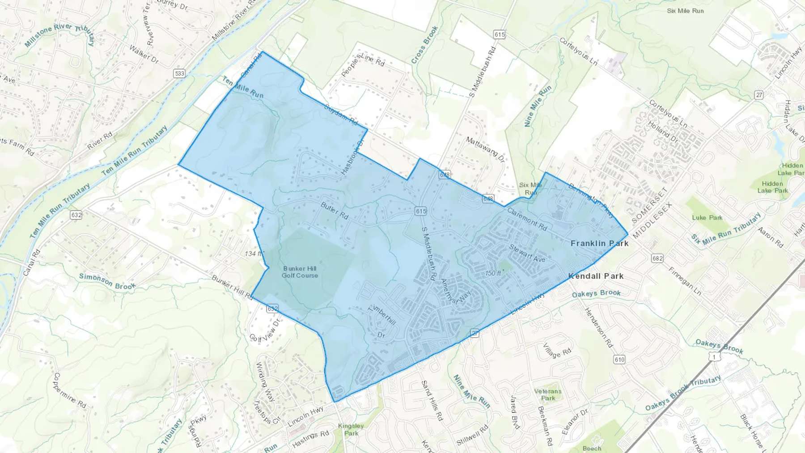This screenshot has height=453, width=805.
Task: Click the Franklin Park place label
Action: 599,243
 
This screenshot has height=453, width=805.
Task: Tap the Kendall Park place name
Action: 596,276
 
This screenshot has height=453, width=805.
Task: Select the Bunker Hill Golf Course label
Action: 300,272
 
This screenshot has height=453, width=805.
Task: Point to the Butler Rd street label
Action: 335,210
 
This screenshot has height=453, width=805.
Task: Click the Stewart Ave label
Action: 527,253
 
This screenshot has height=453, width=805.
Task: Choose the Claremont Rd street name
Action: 527,219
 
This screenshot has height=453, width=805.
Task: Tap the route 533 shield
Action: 179,73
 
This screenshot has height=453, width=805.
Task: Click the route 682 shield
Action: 657,258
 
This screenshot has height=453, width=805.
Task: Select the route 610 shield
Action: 619,360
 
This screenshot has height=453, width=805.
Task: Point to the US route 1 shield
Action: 715,357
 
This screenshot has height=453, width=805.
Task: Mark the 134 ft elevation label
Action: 253,254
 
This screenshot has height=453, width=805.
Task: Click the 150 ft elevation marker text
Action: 493,273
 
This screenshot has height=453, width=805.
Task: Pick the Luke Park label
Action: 707,218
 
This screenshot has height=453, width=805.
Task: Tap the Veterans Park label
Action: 547,394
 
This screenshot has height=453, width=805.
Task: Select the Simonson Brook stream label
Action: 107,281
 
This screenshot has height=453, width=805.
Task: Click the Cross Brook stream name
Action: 424,45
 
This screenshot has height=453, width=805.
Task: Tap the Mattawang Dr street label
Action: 485,148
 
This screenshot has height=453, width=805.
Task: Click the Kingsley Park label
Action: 351,429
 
